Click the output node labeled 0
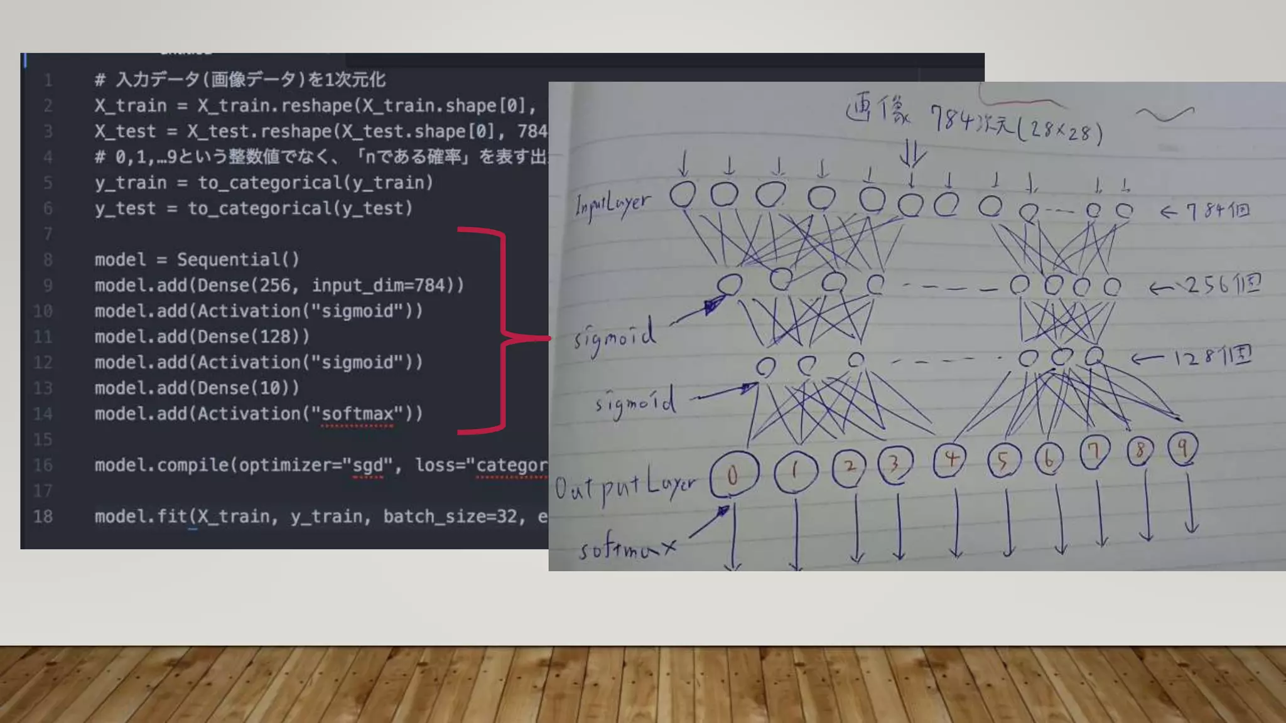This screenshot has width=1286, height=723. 733,475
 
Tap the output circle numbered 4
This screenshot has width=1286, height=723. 951,459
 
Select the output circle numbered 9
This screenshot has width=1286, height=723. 1182,448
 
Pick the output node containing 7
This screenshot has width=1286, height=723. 1094,451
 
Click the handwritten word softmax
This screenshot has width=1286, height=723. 627,549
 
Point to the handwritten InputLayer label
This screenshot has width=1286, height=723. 613,204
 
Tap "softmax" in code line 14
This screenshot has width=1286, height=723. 357,414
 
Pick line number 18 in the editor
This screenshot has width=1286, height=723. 43,517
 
